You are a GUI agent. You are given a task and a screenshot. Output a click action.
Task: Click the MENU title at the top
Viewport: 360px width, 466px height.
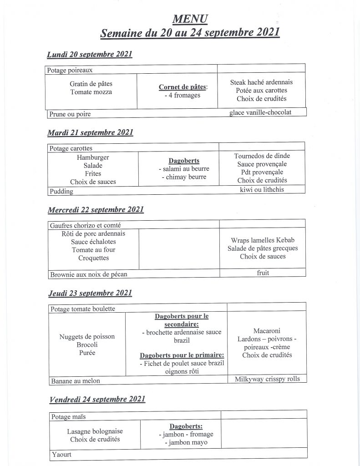click(x=190, y=19)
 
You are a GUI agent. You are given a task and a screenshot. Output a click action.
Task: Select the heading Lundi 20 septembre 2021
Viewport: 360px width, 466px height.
click(x=90, y=55)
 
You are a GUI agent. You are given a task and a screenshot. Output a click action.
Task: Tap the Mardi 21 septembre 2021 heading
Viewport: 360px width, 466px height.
click(x=90, y=133)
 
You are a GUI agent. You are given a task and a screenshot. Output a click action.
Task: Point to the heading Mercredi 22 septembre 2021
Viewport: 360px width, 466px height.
click(x=96, y=210)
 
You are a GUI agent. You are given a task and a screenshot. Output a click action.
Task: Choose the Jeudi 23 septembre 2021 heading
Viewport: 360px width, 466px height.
click(x=90, y=293)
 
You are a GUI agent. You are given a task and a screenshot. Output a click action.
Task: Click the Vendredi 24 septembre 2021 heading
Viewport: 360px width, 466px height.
click(x=96, y=399)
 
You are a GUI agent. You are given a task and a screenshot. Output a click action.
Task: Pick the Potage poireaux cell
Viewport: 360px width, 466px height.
click(x=70, y=71)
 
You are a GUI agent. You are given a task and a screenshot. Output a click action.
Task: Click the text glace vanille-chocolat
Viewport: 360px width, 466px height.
click(x=260, y=112)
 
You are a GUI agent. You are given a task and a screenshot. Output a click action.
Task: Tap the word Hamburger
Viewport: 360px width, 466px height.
click(x=93, y=157)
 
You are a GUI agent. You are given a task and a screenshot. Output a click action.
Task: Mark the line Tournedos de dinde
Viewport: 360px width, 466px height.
click(x=262, y=156)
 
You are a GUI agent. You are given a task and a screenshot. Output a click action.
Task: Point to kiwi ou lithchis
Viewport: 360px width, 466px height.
click(x=262, y=189)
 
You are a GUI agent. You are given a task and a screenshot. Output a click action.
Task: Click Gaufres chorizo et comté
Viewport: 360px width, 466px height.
click(x=86, y=225)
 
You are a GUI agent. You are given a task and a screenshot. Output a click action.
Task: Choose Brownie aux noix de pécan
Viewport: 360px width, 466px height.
click(x=89, y=274)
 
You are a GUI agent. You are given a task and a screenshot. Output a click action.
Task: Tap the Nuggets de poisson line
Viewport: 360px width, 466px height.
click(x=87, y=337)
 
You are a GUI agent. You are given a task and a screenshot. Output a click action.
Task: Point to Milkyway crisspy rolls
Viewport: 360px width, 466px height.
click(x=267, y=379)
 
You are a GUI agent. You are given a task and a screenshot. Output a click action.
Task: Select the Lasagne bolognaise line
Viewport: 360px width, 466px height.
click(x=95, y=431)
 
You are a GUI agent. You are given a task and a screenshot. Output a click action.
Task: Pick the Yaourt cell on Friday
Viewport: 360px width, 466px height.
click(x=61, y=454)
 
